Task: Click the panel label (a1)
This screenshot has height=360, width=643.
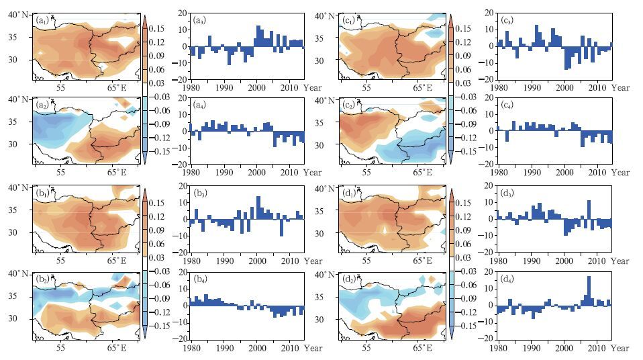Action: pos(42,21)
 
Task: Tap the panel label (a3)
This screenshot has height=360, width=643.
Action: pos(199,21)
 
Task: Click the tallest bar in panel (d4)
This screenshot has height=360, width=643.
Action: pos(589,290)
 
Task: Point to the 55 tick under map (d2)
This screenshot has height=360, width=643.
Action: pos(368,349)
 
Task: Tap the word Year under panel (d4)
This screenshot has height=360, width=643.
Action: pos(620,349)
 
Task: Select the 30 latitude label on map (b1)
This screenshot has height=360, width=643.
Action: pos(21,232)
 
